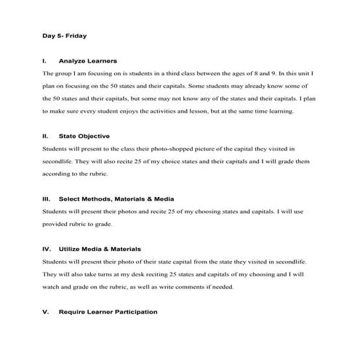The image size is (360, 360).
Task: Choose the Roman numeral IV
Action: (x=46, y=249)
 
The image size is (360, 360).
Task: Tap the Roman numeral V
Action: (x=45, y=311)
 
